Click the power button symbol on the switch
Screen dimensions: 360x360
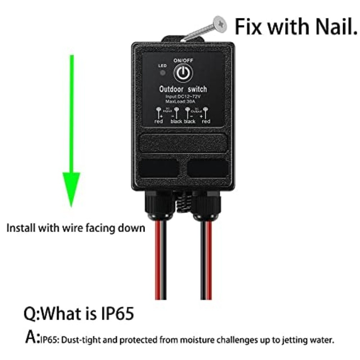click(183, 73)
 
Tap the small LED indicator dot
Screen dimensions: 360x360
click(163, 73)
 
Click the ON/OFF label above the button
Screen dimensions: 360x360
click(183, 61)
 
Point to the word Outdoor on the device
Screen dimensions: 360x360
click(172, 89)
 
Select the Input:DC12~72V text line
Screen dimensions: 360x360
click(183, 96)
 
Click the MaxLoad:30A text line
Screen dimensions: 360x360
click(183, 101)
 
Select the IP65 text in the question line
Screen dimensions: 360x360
click(116, 313)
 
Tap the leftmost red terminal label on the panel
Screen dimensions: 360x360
click(159, 122)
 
